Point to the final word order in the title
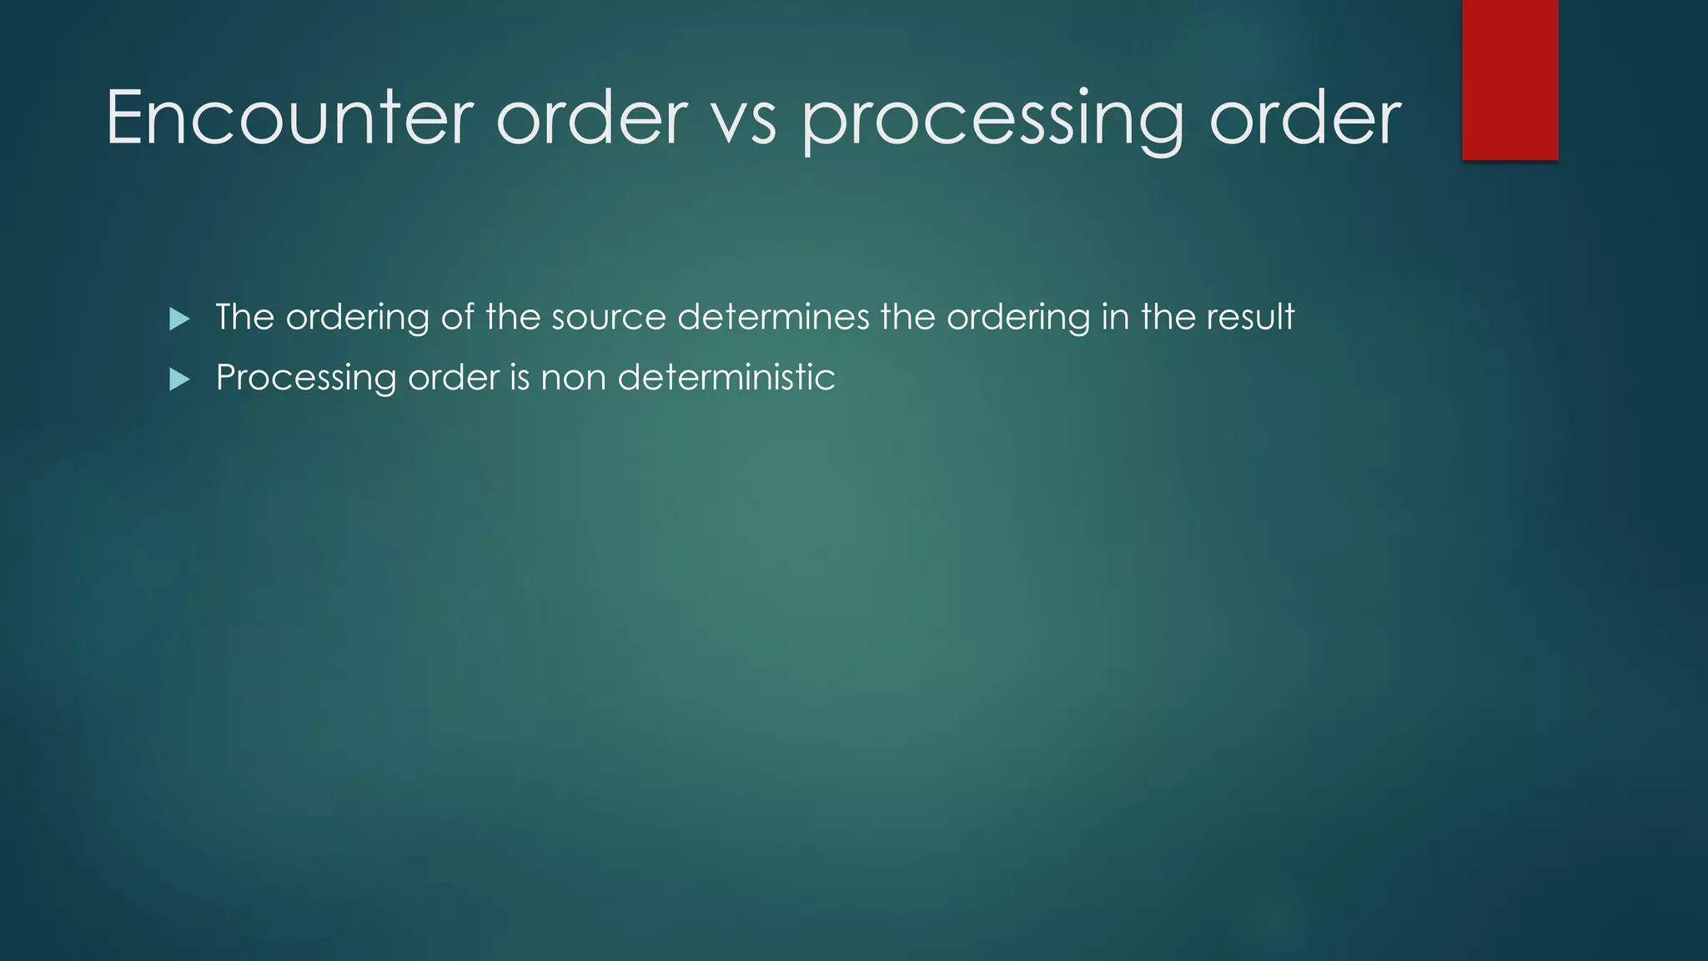point(1305,118)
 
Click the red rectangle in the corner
point(1510,79)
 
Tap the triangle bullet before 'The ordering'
point(179,319)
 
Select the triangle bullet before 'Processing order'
point(179,380)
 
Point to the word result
point(1250,318)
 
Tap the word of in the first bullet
point(458,318)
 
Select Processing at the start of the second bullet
point(306,379)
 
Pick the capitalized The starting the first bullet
point(244,318)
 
